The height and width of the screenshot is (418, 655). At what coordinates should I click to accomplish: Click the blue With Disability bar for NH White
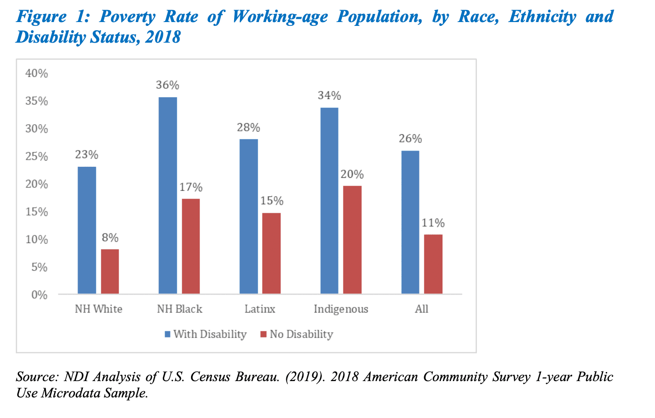pos(87,230)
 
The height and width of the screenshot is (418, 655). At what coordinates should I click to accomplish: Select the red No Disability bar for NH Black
pos(191,246)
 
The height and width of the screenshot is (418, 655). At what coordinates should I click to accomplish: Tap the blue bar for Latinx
pos(248,216)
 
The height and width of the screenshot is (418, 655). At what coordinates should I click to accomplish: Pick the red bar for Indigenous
pos(352,240)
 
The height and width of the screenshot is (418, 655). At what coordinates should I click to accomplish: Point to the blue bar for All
pos(410,222)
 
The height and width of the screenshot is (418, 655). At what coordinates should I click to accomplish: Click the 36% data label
pos(168,85)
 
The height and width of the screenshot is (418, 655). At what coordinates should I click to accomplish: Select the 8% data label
pos(110,238)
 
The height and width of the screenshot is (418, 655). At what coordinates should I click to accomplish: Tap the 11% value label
pos(433,223)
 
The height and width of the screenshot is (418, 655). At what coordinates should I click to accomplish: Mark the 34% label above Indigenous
pos(329,96)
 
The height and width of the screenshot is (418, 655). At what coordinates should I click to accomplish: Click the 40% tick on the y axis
pos(36,74)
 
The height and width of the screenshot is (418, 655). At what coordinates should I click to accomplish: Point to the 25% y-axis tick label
pos(36,157)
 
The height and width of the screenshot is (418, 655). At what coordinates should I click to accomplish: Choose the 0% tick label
pos(40,295)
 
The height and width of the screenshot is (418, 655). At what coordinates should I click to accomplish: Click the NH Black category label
pos(180,309)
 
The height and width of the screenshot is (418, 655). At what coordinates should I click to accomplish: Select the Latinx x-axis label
pos(260,309)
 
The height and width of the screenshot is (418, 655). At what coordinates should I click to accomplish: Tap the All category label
pos(421,309)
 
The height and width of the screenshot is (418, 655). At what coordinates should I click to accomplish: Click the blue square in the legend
pos(167,334)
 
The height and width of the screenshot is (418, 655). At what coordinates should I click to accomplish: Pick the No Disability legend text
pos(301,334)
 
